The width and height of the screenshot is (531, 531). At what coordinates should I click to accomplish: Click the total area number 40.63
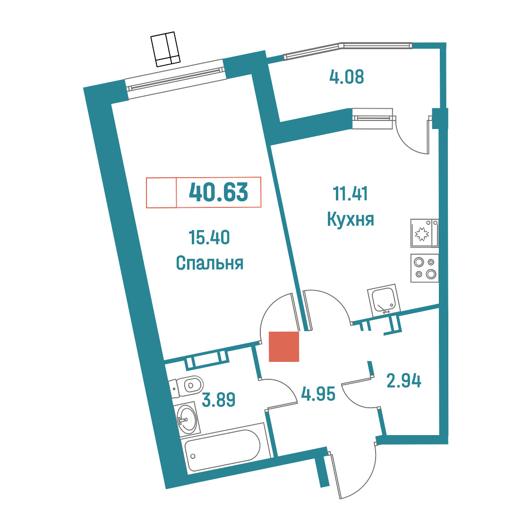(x=218, y=192)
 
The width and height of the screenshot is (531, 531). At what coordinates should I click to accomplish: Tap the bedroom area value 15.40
(x=209, y=237)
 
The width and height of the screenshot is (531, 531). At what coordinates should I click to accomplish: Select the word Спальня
(x=210, y=263)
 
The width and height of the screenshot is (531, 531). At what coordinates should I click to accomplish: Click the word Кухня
(x=351, y=219)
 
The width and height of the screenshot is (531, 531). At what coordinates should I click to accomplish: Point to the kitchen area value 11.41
(x=350, y=193)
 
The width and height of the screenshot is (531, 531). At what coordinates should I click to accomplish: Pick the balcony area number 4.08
(x=346, y=77)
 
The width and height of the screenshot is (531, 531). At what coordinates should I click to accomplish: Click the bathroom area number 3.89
(x=218, y=399)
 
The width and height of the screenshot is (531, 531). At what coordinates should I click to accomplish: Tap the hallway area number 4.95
(x=318, y=394)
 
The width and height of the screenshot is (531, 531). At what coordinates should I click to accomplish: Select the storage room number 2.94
(x=403, y=381)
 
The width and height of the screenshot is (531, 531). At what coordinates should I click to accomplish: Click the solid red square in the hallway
(x=284, y=346)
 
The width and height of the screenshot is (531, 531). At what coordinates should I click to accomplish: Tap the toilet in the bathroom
(x=186, y=386)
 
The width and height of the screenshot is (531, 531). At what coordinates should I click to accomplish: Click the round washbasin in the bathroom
(x=187, y=419)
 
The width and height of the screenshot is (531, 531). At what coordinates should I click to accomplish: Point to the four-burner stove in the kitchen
(x=425, y=268)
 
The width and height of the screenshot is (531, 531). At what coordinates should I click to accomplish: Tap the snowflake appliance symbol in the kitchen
(x=422, y=234)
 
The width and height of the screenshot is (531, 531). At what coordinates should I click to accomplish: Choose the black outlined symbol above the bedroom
(x=165, y=49)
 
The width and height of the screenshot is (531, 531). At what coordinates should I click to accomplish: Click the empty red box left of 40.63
(x=161, y=192)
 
